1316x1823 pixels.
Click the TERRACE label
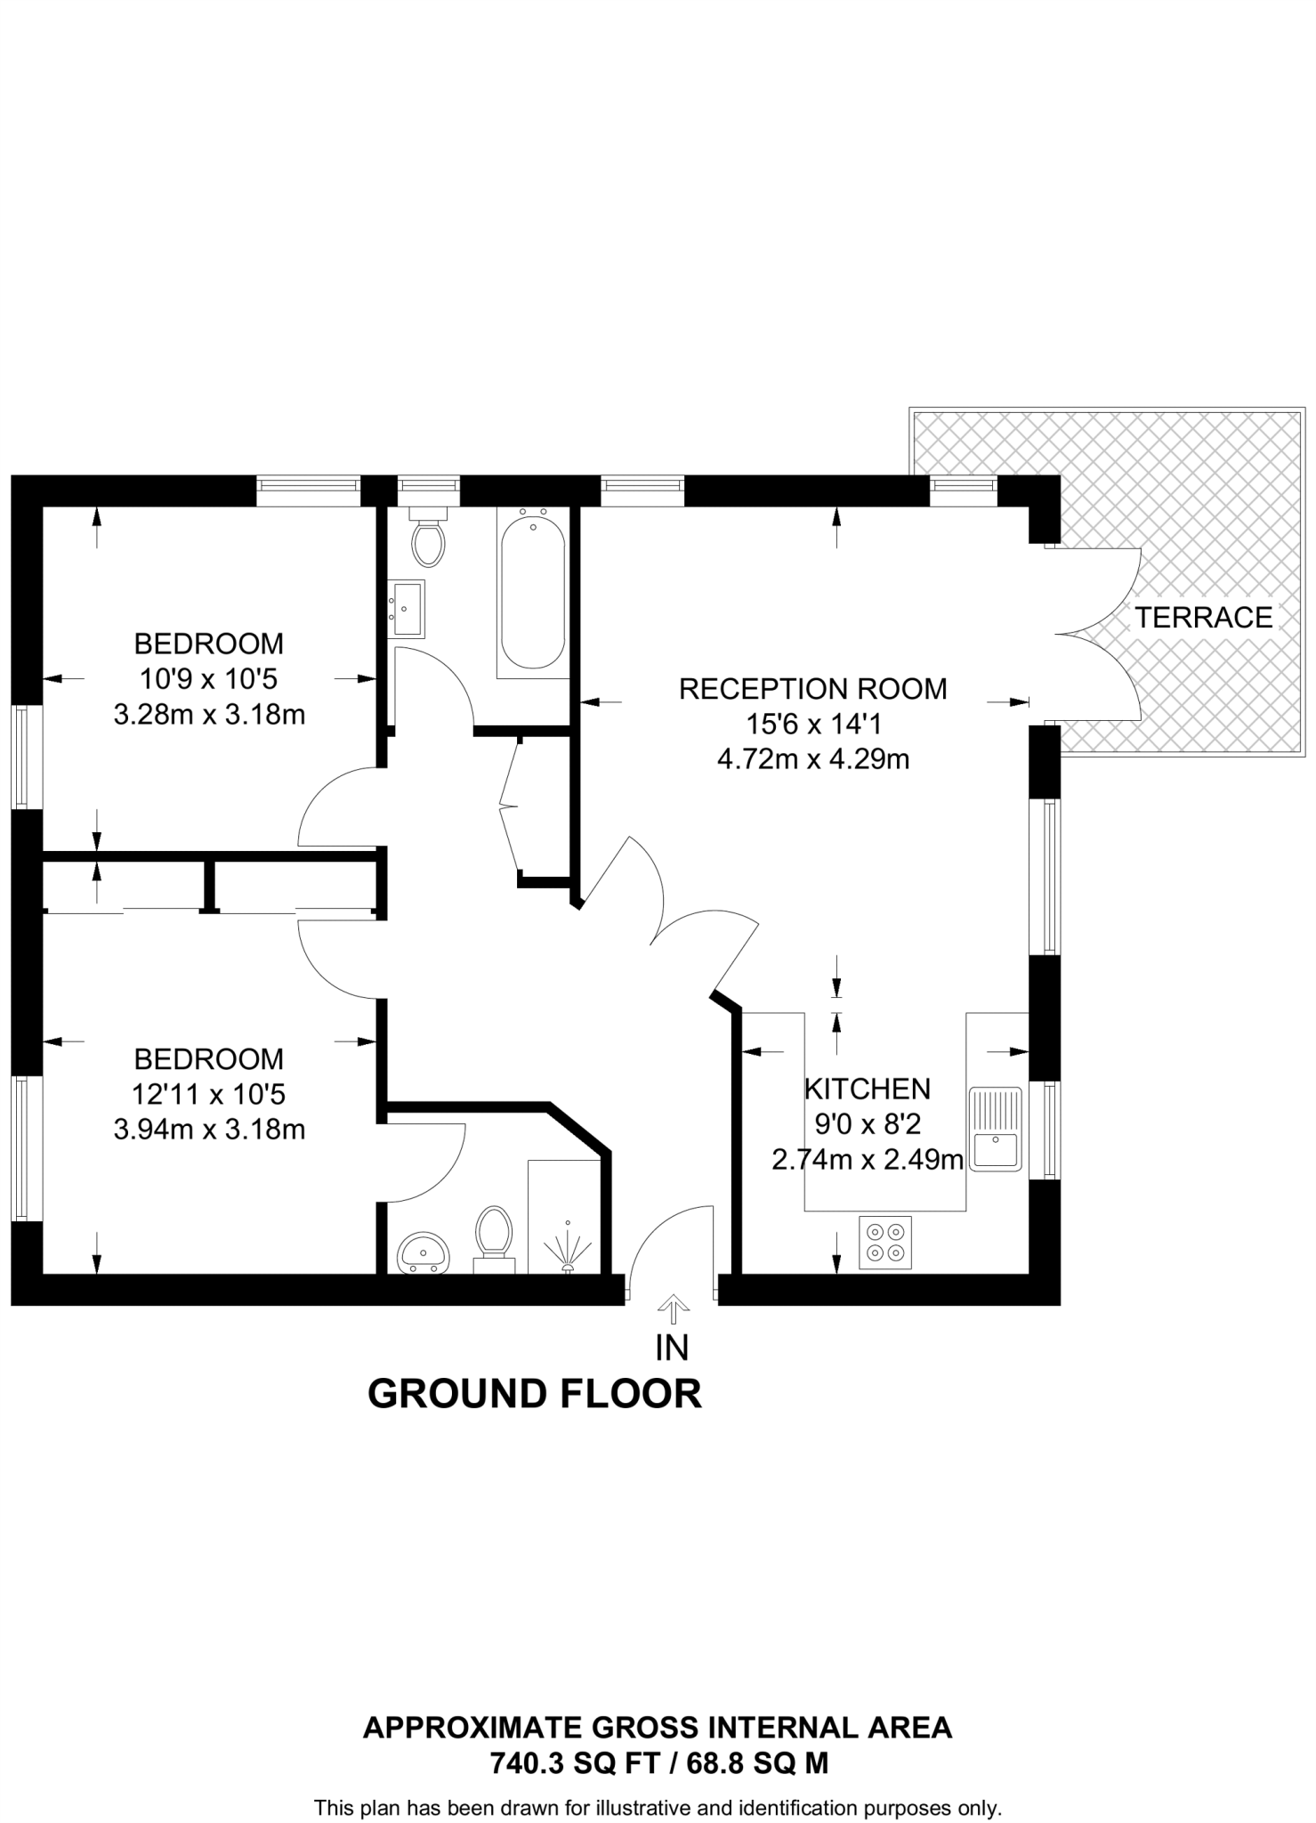1203,617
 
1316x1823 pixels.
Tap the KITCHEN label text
867,1089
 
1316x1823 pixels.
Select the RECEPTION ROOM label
812,688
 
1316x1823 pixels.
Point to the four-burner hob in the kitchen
885,1242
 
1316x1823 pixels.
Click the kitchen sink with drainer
997,1129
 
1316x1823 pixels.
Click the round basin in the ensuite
424,1253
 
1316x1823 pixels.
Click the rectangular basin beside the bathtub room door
407,608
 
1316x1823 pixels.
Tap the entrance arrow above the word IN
673,1309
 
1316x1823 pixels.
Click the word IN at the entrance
672,1348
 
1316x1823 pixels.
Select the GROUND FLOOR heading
535,1394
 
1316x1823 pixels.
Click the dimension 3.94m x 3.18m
209,1130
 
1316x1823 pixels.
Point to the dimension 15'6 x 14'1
812,724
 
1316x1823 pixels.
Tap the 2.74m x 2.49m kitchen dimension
868,1160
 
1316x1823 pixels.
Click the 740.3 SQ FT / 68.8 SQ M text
658,1762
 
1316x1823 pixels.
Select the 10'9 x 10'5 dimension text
209,679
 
